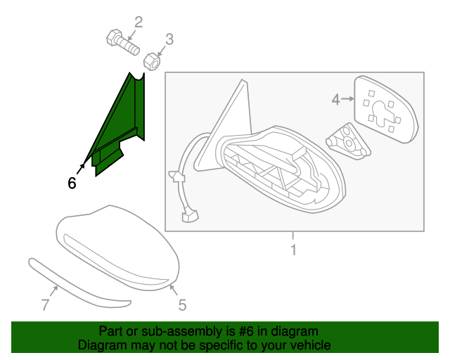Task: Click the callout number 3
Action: [169, 39]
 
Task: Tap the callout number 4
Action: [336, 101]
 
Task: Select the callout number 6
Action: [72, 184]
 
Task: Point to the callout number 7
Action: [45, 305]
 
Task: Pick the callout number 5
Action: [181, 305]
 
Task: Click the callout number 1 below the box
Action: [293, 250]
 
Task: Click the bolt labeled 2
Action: [121, 41]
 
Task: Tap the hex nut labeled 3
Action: [152, 62]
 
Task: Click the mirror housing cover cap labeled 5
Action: [116, 250]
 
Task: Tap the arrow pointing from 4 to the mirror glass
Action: [347, 101]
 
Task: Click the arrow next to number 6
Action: [81, 169]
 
